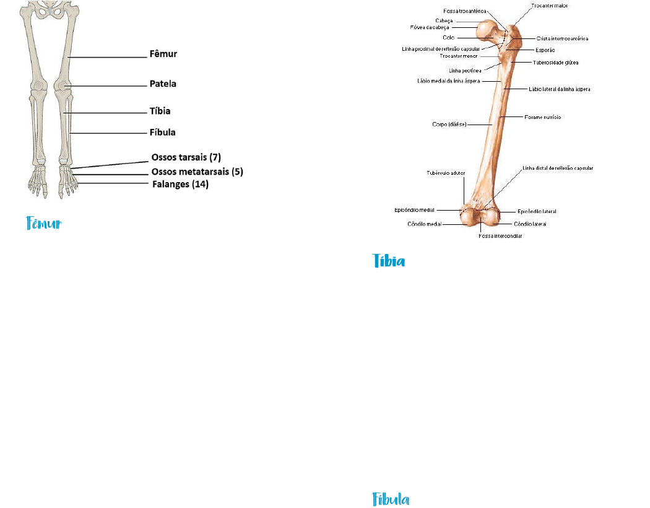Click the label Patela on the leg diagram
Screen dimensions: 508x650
pos(162,83)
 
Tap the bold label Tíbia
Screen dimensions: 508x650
pos(160,112)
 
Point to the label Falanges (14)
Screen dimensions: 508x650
pos(180,184)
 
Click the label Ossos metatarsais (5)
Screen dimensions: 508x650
pos(197,172)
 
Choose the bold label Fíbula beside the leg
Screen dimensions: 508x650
pos(162,133)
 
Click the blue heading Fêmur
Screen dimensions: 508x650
pos(44,224)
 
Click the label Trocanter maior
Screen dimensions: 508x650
pos(549,6)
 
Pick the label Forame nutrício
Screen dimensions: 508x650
pos(542,117)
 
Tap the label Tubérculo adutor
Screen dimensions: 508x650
pos(446,173)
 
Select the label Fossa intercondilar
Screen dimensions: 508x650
pos(500,236)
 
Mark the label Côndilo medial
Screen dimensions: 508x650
pos(425,224)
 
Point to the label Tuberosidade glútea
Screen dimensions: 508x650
pos(555,62)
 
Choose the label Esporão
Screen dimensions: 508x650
pos(544,50)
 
